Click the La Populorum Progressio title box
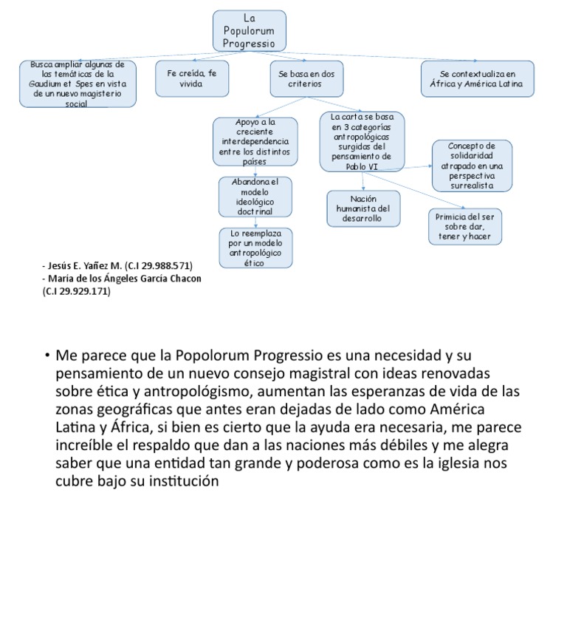[x=249, y=31]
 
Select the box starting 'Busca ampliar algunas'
[x=78, y=84]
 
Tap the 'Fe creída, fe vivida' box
[x=191, y=79]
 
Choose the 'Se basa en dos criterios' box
[x=306, y=79]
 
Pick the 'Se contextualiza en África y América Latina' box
[x=477, y=79]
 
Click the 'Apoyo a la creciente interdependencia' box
[x=255, y=141]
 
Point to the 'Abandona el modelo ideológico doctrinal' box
[x=255, y=197]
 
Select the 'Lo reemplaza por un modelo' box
[x=255, y=248]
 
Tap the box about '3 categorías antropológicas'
[x=362, y=142]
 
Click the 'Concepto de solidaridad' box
[x=472, y=166]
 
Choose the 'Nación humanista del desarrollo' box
[x=363, y=208]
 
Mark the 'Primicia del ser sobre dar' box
[x=464, y=226]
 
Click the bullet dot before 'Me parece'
[x=47, y=355]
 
